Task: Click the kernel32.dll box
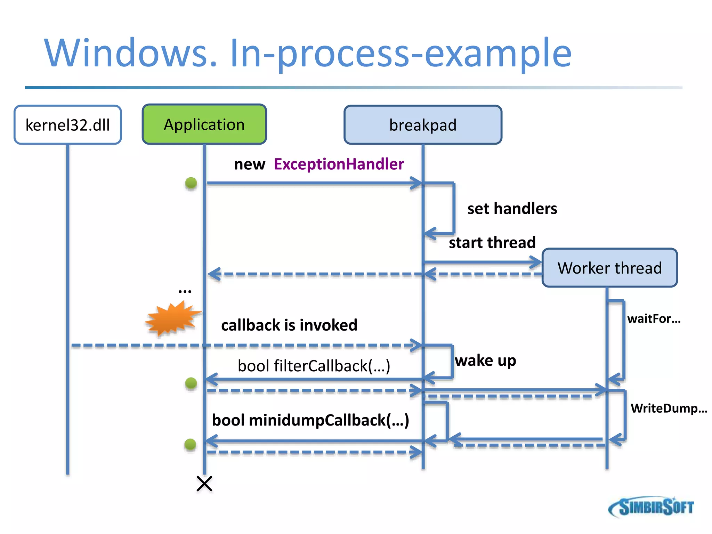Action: (68, 125)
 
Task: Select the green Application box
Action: (204, 124)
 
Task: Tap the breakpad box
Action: (423, 125)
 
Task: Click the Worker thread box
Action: (610, 268)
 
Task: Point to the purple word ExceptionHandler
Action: (339, 164)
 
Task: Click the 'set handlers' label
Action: (512, 209)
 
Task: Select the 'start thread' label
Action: (492, 242)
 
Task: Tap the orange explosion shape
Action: (172, 318)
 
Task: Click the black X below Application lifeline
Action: (204, 484)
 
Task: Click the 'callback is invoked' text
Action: (289, 325)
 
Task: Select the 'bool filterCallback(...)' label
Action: (314, 366)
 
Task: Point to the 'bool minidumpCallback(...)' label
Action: (310, 420)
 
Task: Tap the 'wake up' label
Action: (485, 361)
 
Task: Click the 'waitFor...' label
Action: (654, 318)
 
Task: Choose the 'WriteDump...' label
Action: (669, 408)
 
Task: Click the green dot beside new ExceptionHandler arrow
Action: (191, 183)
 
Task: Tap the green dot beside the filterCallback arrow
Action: (191, 383)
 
